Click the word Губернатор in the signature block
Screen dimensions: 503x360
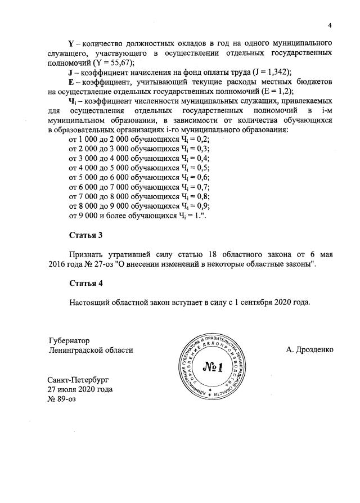(70, 340)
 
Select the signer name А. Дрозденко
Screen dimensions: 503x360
(309, 350)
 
